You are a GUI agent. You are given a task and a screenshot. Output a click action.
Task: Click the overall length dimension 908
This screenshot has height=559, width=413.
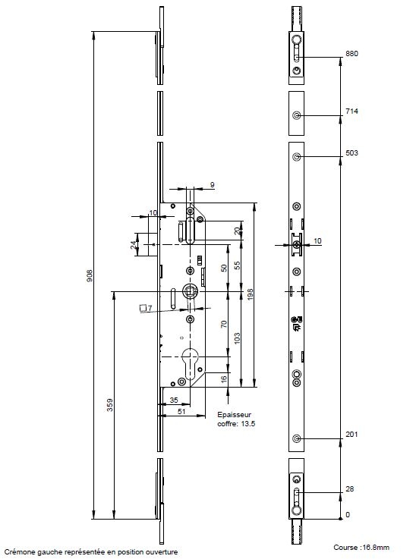click(90, 275)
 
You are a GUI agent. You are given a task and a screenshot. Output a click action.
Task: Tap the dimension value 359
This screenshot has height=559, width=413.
click(110, 405)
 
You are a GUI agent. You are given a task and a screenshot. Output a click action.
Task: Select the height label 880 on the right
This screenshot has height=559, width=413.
click(352, 54)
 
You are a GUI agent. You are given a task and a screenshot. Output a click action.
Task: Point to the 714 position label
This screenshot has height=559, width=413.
click(352, 111)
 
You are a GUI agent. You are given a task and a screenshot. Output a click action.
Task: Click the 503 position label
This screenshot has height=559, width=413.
click(352, 153)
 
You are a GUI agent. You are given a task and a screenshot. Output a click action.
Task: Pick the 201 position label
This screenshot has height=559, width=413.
click(352, 434)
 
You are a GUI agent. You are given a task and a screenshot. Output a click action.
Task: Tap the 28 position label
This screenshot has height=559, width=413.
click(350, 488)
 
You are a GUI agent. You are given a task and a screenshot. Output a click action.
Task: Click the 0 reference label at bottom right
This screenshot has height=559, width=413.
click(348, 515)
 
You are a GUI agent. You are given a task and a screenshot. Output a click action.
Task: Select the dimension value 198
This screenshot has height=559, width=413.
click(250, 294)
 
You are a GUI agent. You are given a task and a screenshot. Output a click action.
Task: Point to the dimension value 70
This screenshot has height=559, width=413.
click(224, 324)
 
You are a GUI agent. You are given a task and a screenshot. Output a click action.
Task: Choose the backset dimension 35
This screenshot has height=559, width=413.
click(174, 400)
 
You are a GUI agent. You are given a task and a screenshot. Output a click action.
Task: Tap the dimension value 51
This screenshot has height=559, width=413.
click(181, 411)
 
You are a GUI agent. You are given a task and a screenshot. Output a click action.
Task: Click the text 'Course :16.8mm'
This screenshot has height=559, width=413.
click(361, 547)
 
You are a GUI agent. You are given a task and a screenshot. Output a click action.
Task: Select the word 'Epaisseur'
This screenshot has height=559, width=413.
click(234, 415)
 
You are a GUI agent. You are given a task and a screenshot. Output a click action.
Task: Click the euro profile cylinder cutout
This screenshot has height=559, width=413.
click(191, 363)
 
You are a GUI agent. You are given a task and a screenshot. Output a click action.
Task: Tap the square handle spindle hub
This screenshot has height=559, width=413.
click(189, 291)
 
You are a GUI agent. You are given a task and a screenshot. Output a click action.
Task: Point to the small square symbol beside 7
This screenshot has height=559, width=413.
click(143, 308)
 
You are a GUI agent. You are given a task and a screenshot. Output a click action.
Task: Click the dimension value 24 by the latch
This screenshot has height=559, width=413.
click(134, 245)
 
